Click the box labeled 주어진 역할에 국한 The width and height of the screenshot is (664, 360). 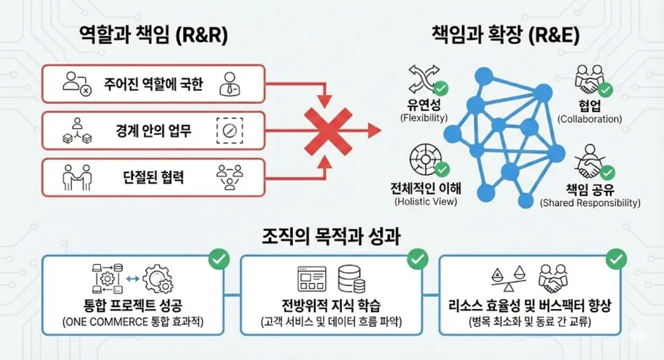[x=154, y=84]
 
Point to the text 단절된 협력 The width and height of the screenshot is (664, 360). [x=154, y=178]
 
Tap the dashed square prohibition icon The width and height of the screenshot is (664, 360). [x=230, y=131]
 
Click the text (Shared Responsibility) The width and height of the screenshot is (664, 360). [x=590, y=203]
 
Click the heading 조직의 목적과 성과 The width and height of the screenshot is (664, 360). [x=331, y=236]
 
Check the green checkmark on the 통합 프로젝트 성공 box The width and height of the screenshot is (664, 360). [x=217, y=258]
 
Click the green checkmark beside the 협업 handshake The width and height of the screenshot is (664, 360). [x=606, y=88]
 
